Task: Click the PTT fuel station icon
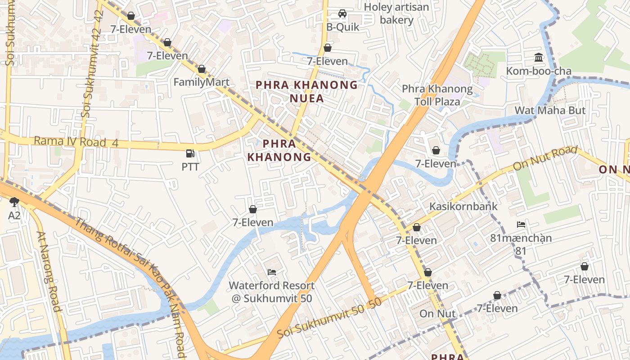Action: coord(190,153)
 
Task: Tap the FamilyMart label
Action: coord(202,82)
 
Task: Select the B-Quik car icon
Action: coord(342,13)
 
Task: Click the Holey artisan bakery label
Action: coord(396,13)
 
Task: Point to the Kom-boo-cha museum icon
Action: coord(538,57)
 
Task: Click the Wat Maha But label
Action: coord(550,110)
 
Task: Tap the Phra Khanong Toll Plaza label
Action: coord(437,95)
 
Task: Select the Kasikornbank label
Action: coord(463,207)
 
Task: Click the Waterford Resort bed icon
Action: coord(272,272)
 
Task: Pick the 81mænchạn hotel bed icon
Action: coord(521,224)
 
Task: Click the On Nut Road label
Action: coord(545,158)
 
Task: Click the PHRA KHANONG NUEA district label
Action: coord(307,91)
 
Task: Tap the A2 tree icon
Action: coord(14,202)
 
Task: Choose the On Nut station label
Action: coord(437,314)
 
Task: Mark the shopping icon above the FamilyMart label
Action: coord(202,69)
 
